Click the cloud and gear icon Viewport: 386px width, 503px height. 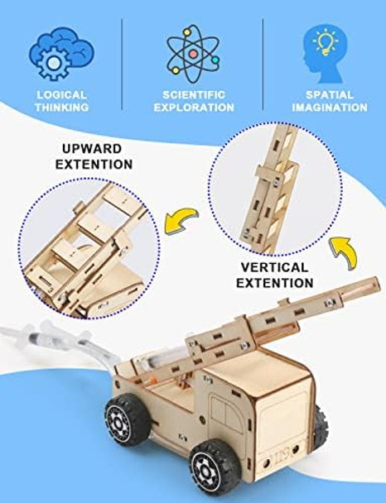[60, 52]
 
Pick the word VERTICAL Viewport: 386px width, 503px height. [275, 268]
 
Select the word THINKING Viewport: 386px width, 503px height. [60, 108]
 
